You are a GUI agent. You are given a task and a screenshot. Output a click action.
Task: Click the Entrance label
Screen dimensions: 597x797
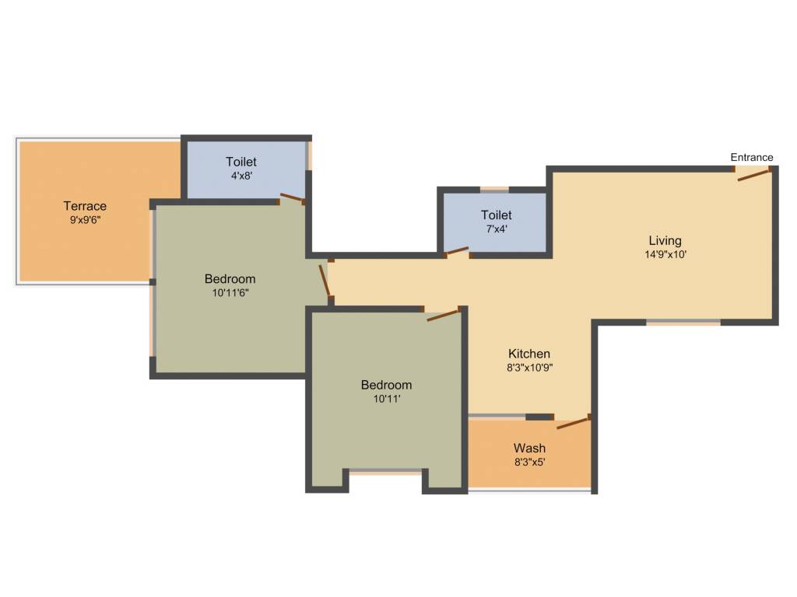point(751,157)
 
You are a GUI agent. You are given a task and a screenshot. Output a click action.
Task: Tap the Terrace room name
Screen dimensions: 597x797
point(85,206)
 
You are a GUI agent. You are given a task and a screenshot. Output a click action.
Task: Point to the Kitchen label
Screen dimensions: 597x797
point(529,354)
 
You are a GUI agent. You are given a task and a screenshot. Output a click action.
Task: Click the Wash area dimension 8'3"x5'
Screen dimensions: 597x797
point(529,462)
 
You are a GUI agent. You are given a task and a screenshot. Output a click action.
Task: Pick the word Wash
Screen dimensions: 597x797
point(529,448)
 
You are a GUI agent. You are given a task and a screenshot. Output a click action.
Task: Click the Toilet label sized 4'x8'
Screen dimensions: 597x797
point(241,162)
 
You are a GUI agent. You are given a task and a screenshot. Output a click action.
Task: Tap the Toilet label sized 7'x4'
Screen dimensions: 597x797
point(496,215)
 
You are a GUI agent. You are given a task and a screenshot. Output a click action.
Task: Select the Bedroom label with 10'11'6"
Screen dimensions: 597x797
point(230,279)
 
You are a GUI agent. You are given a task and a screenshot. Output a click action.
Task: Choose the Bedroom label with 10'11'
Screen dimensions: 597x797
point(386,385)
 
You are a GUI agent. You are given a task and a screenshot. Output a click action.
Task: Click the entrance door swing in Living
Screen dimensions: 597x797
point(754,174)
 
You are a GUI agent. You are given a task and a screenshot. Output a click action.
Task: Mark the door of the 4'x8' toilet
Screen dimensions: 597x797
point(293,197)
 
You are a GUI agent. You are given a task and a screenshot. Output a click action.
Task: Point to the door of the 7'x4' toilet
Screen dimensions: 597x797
point(457,251)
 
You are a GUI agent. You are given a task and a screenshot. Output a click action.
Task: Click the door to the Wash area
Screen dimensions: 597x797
point(573,422)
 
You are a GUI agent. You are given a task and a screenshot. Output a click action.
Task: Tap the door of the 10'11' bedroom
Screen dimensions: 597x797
point(444,314)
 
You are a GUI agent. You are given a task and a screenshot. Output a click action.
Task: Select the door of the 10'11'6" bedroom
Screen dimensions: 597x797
point(325,281)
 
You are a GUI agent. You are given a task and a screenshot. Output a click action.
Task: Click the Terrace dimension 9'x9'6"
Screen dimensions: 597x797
point(85,220)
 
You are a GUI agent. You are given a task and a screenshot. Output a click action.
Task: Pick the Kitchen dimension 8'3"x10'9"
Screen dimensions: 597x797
point(529,368)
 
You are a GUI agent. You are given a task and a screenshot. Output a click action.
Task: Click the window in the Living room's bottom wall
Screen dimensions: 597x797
point(683,322)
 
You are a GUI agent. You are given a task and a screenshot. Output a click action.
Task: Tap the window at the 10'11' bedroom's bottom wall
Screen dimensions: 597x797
point(386,471)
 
